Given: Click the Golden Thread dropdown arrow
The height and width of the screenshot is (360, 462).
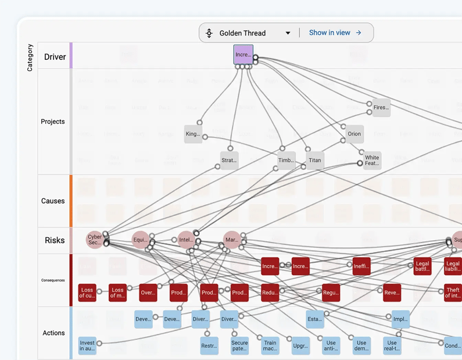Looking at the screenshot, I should pyautogui.click(x=288, y=33).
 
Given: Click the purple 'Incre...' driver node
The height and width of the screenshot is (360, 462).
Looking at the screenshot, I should pyautogui.click(x=243, y=55).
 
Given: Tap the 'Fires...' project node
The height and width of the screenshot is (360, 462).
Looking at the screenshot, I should pyautogui.click(x=381, y=108).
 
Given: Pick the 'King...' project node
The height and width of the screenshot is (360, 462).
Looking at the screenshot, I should pyautogui.click(x=193, y=134).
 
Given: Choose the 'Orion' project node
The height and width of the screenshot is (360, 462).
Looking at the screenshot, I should pyautogui.click(x=354, y=134).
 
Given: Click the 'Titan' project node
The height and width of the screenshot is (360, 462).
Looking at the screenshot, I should pyautogui.click(x=314, y=161).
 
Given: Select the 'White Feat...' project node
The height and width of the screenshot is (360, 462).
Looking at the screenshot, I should pyautogui.click(x=372, y=161).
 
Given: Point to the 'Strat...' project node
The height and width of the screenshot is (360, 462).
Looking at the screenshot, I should pyautogui.click(x=229, y=161).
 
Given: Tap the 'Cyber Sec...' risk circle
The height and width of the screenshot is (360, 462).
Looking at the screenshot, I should pyautogui.click(x=94, y=239).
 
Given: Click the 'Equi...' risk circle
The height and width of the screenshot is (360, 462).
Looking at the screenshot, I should pyautogui.click(x=140, y=240).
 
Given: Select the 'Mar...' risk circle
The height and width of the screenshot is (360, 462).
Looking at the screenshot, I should pyautogui.click(x=232, y=240).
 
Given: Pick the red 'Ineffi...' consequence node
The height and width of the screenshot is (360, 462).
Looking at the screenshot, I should pyautogui.click(x=361, y=266).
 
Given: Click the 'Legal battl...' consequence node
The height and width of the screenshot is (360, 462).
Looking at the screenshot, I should pyautogui.click(x=422, y=266).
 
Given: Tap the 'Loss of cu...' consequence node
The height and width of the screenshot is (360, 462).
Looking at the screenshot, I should pyautogui.click(x=87, y=293).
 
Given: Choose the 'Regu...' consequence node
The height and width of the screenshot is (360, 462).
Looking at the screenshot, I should pyautogui.click(x=331, y=293).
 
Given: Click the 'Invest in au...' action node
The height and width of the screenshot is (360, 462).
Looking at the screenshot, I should pyautogui.click(x=87, y=345).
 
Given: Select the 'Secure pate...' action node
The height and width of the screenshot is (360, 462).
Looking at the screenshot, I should pyautogui.click(x=239, y=345).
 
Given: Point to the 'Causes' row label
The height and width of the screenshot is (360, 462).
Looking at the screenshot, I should pyautogui.click(x=53, y=201).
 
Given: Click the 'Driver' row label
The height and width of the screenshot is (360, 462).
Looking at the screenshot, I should pyautogui.click(x=55, y=57).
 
